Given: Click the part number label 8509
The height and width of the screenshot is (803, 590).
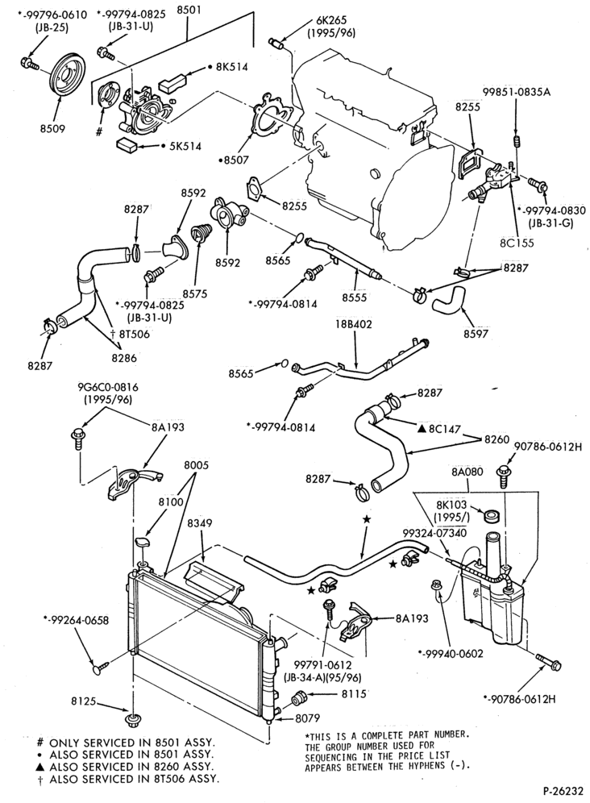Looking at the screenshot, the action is point(53,129).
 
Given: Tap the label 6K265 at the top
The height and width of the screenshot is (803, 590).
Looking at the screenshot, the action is point(330,20).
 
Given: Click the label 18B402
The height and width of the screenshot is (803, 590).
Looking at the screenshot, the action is point(354,324).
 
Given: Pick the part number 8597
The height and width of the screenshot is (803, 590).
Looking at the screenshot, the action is point(476,334).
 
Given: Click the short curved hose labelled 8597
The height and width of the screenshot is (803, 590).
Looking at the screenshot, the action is point(448,300).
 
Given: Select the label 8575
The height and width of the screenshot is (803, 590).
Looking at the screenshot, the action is point(195,294).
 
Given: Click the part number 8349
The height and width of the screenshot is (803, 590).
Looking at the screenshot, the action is point(200,523).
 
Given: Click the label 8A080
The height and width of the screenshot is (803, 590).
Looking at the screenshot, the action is point(467,472).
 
